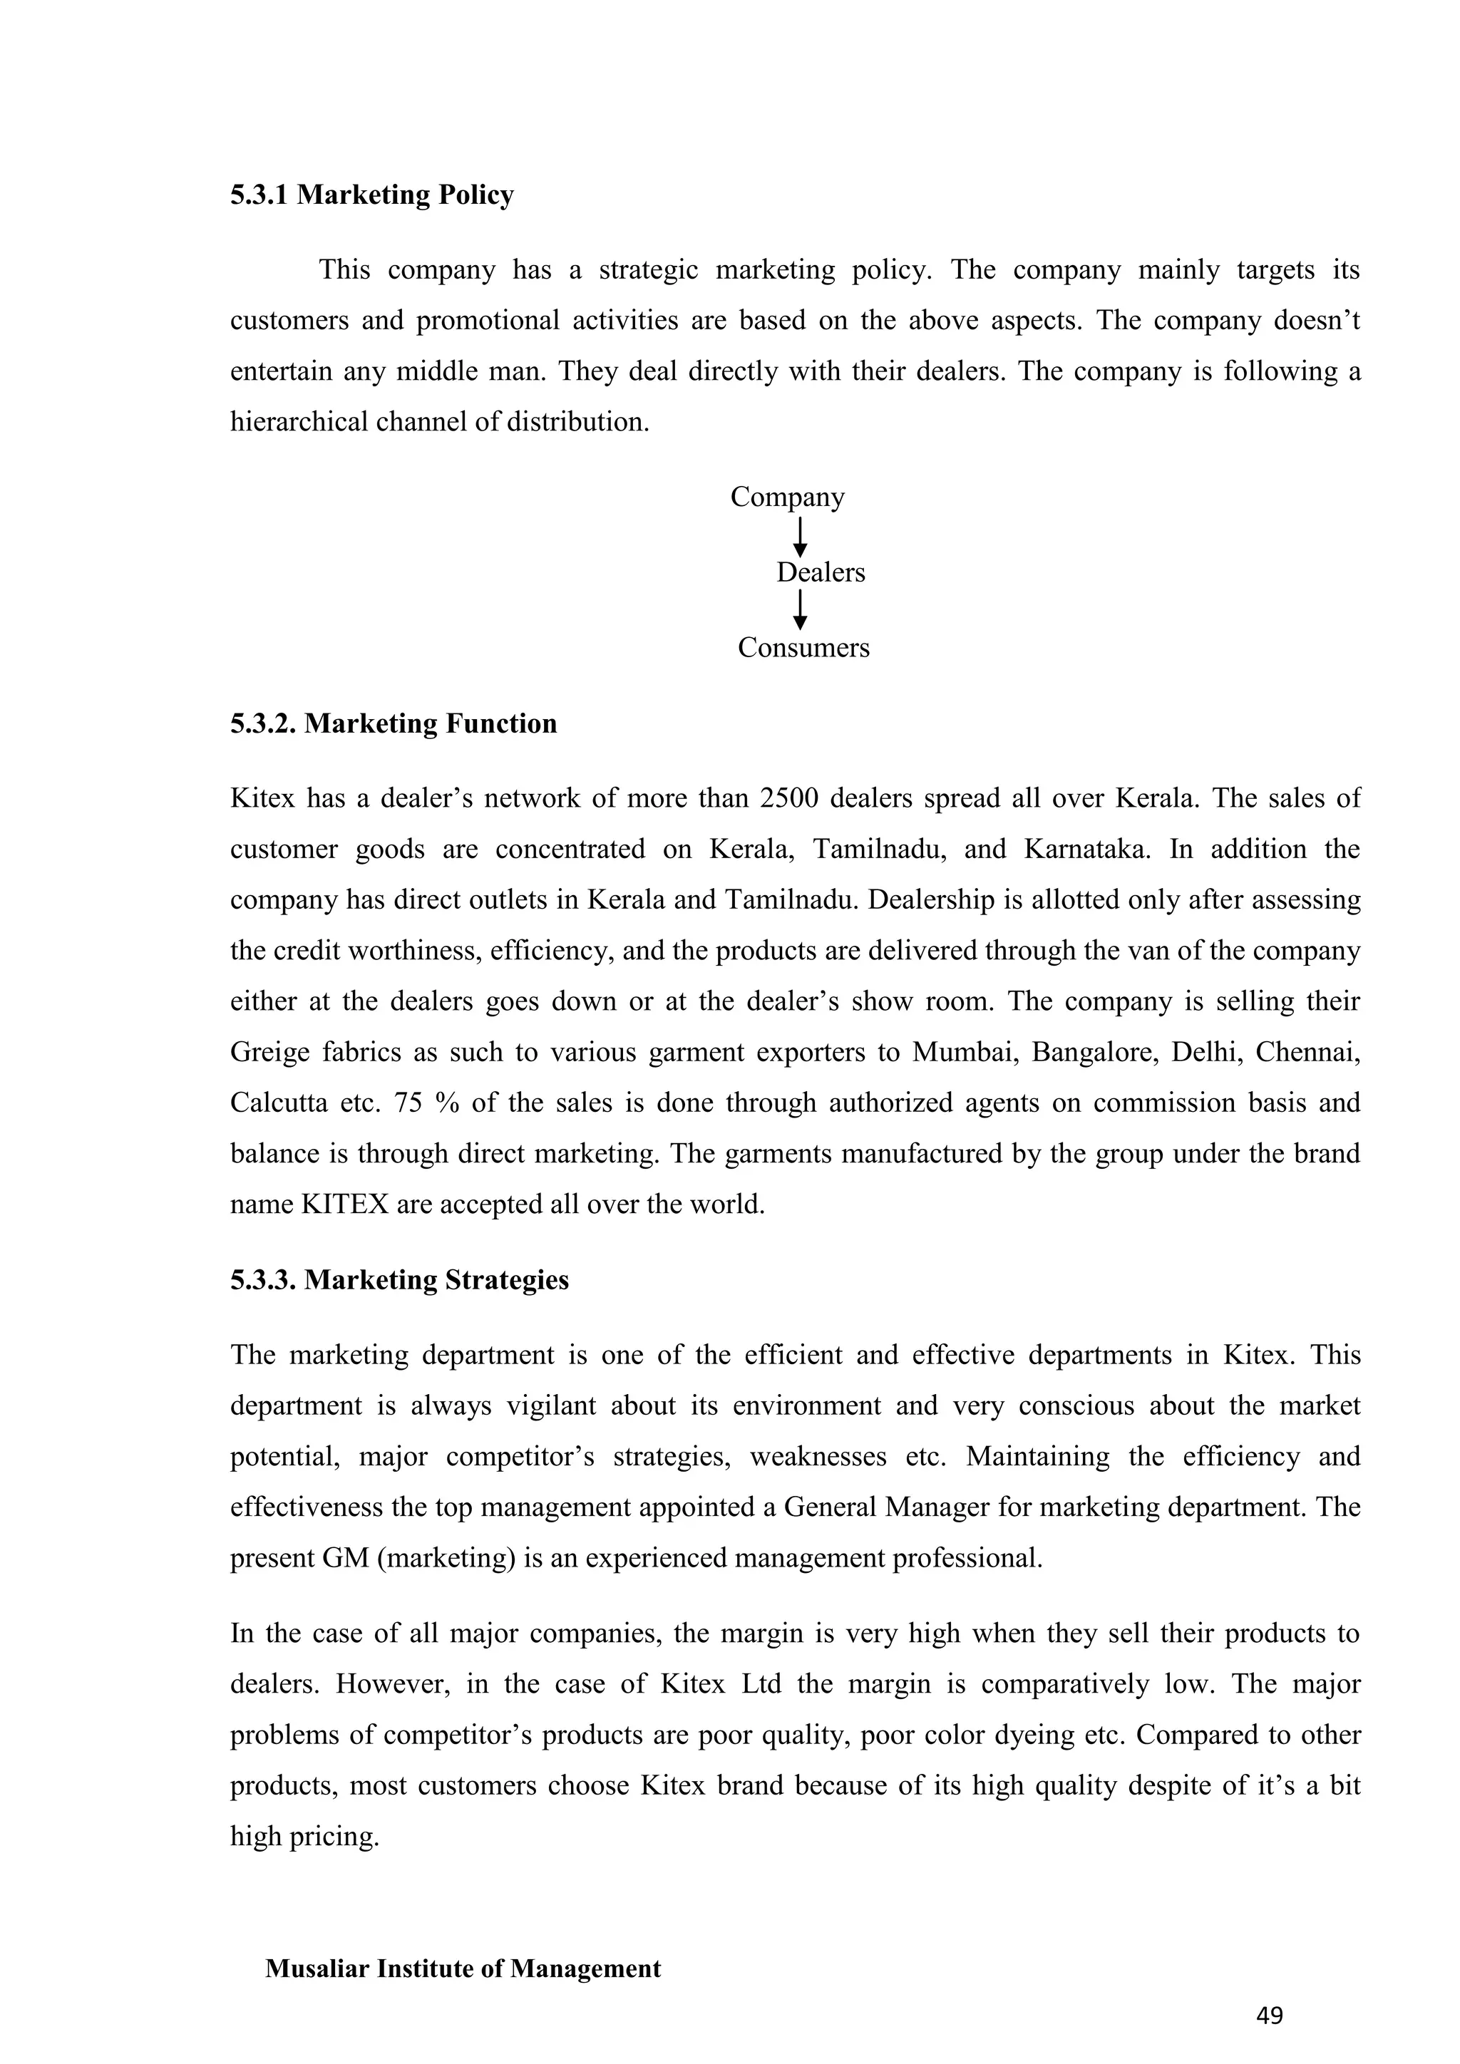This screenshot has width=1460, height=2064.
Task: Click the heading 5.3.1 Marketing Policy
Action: tap(371, 195)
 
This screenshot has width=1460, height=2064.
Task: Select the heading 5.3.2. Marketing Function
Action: tap(393, 723)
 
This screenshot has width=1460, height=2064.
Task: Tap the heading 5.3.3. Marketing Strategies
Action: tap(399, 1280)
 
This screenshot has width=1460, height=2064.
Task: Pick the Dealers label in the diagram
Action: tap(820, 572)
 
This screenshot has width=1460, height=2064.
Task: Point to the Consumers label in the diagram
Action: tap(803, 648)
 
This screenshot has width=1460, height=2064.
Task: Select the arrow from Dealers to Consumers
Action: tap(800, 610)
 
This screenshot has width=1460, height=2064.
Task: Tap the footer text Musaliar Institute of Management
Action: tap(463, 1968)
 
